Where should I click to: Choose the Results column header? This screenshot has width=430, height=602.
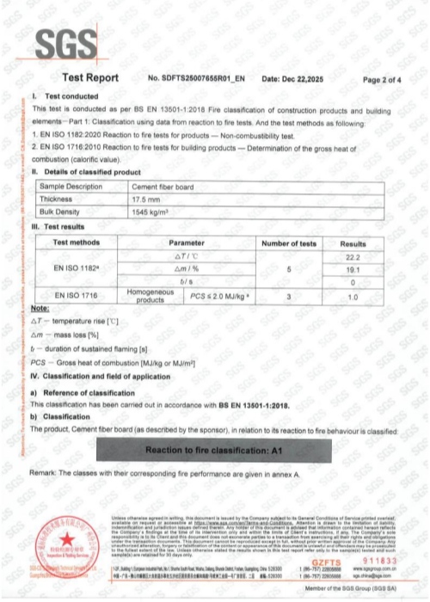click(x=371, y=244)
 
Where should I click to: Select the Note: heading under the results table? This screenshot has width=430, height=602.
click(x=41, y=308)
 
